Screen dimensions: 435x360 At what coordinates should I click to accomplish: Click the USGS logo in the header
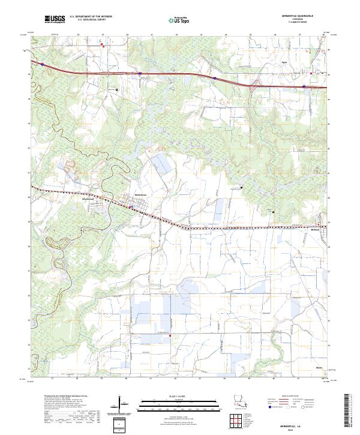click(x=55, y=19)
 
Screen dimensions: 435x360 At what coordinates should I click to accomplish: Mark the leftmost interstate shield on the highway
click(x=43, y=62)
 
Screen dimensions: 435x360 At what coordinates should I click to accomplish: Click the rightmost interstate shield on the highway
click(x=304, y=87)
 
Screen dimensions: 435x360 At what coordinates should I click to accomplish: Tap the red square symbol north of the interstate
click(x=102, y=44)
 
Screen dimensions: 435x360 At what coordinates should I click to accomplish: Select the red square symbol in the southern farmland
click(x=170, y=336)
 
